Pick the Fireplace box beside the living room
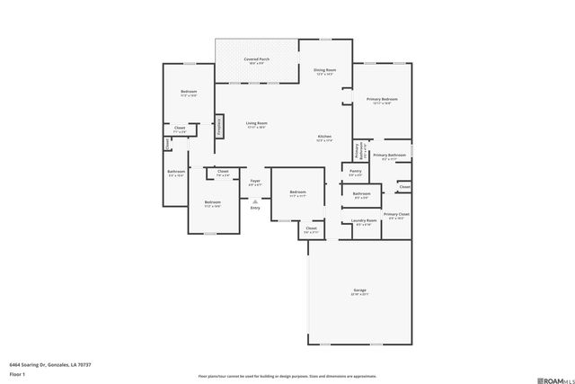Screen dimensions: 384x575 pos(218,128)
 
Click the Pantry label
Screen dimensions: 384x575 pos(355,171)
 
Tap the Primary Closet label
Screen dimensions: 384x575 pos(396,214)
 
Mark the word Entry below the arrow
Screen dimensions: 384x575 pos(255,208)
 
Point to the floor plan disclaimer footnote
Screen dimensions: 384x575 pos(287,376)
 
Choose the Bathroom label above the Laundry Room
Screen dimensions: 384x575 pos(361,194)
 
